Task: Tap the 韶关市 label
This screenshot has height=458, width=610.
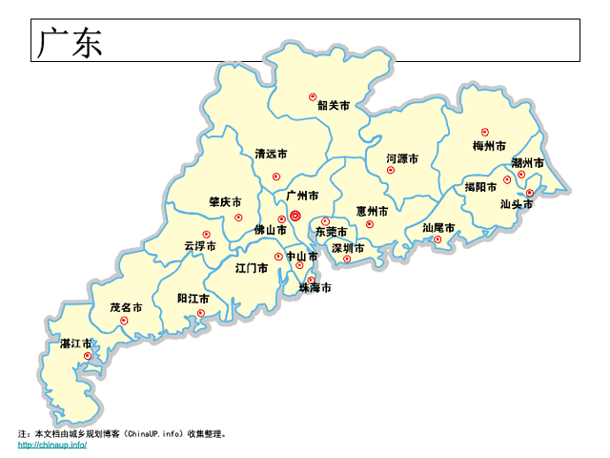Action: pyautogui.click(x=334, y=105)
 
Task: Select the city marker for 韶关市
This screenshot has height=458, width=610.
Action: pyautogui.click(x=312, y=95)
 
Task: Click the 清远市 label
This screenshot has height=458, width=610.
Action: pyautogui.click(x=271, y=154)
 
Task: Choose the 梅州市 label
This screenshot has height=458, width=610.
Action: pyautogui.click(x=489, y=146)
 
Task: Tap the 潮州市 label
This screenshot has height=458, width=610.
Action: pyautogui.click(x=527, y=163)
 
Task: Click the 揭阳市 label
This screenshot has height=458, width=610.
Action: pyautogui.click(x=480, y=186)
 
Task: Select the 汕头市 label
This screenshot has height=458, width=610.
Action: pyautogui.click(x=516, y=203)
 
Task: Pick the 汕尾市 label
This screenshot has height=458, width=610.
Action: pyautogui.click(x=438, y=228)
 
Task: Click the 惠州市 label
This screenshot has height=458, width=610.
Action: pyautogui.click(x=372, y=211)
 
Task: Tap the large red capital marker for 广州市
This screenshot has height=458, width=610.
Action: pyautogui.click(x=295, y=216)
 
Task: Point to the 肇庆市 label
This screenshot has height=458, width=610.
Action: pyautogui.click(x=225, y=202)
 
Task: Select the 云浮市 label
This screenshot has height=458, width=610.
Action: pyautogui.click(x=200, y=246)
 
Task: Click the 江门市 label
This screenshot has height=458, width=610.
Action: pyautogui.click(x=252, y=268)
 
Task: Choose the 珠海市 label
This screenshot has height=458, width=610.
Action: pyautogui.click(x=315, y=287)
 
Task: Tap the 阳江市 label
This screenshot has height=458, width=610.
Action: pyautogui.click(x=193, y=299)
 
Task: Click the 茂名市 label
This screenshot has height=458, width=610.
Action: pyautogui.click(x=126, y=308)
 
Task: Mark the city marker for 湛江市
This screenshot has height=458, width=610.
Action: pyautogui.click(x=87, y=356)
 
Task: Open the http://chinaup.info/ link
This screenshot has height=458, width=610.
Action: pyautogui.click(x=52, y=445)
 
